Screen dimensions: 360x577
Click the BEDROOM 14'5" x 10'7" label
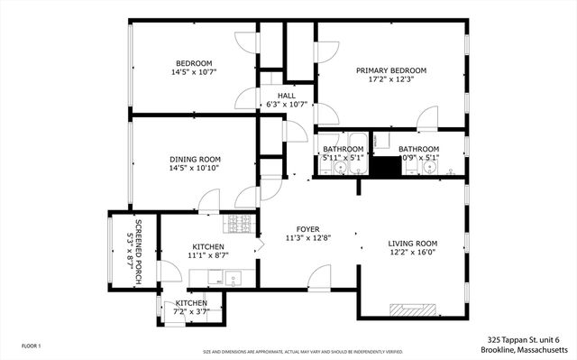pyautogui.click(x=193, y=68)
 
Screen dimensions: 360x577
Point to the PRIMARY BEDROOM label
pyautogui.click(x=390, y=75)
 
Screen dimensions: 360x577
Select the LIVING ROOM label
pyautogui.click(x=412, y=248)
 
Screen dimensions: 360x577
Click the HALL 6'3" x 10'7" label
pyautogui.click(x=287, y=99)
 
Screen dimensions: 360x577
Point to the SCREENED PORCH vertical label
pyautogui.click(x=137, y=253)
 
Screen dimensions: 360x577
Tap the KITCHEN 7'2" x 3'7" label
pyautogui.click(x=191, y=307)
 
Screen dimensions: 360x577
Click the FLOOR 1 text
pyautogui.click(x=32, y=345)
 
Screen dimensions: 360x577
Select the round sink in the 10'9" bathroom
pyautogui.click(x=435, y=168)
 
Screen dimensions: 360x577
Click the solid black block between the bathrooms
pyautogui.click(x=388, y=169)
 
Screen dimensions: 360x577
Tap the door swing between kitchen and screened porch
pyautogui.click(x=168, y=268)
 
